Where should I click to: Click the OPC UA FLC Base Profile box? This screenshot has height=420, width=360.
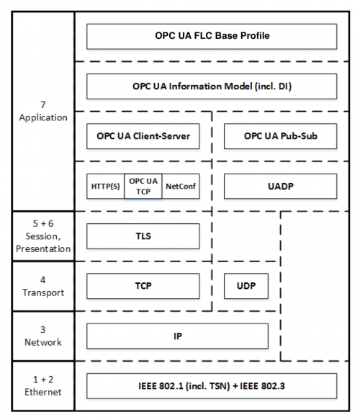click(x=211, y=35)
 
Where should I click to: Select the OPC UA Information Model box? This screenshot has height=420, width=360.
click(x=211, y=86)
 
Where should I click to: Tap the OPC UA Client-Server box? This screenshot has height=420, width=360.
click(x=143, y=135)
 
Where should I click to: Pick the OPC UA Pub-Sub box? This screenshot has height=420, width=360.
click(x=280, y=135)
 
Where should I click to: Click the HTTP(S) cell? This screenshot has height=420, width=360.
click(x=105, y=185)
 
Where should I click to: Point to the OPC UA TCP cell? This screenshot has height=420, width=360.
click(x=143, y=185)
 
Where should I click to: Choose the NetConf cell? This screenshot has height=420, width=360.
click(x=181, y=185)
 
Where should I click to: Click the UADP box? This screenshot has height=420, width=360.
click(x=280, y=185)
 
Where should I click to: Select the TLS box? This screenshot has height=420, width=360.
click(x=143, y=236)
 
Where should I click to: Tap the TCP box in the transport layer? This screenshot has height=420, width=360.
click(x=143, y=285)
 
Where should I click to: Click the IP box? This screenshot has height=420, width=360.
click(x=177, y=336)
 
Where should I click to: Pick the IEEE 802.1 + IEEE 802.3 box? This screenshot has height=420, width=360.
click(x=211, y=386)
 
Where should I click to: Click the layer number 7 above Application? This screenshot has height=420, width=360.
click(x=43, y=104)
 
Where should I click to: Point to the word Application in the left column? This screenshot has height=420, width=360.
click(x=43, y=117)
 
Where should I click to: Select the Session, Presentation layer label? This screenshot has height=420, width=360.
click(x=43, y=243)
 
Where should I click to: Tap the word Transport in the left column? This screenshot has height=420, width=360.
click(x=43, y=292)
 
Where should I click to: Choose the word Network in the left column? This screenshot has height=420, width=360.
click(x=43, y=342)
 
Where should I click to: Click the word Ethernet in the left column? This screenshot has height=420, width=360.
click(x=43, y=393)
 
